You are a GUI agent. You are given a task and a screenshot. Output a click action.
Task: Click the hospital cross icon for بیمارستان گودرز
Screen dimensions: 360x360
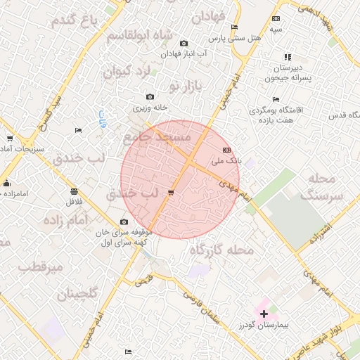pos(264,313)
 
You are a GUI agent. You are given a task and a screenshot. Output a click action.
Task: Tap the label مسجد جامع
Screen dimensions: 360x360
pos(157,138)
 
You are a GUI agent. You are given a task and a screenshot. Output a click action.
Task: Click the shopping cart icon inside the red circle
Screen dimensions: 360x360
pos(172,193)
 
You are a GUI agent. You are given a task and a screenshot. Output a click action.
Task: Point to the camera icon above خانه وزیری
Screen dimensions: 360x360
pos(150,97)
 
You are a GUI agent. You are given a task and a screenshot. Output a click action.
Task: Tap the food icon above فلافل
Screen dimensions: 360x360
pos(74,191)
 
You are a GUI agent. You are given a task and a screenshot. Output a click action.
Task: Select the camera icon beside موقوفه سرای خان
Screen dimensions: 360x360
pos(124,222)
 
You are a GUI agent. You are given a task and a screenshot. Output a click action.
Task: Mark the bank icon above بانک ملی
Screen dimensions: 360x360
pos(226,150)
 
